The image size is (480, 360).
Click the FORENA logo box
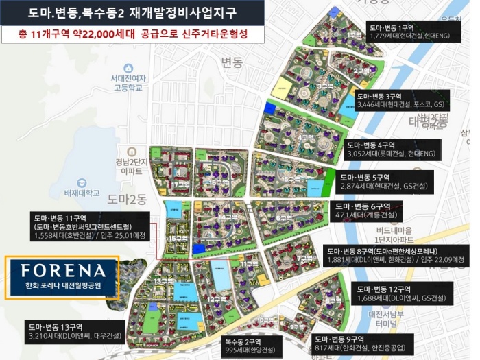62,278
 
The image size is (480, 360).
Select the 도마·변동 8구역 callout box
396,255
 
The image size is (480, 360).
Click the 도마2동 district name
127,199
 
